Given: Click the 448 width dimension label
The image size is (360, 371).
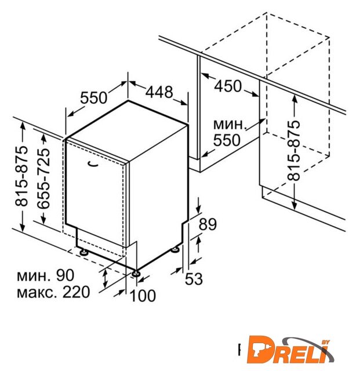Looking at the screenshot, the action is (x=159, y=92).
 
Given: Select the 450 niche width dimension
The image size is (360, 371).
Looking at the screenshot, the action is (x=228, y=86).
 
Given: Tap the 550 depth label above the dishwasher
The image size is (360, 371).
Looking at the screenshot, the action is (x=93, y=98).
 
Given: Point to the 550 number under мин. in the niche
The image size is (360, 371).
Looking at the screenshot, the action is (x=227, y=140).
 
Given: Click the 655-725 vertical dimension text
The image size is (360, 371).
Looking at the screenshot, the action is (x=44, y=179).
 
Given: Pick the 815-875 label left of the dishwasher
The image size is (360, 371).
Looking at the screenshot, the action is (x=21, y=176).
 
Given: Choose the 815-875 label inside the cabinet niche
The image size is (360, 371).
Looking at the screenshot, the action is (x=294, y=151).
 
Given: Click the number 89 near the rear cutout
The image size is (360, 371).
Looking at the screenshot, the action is (x=208, y=224).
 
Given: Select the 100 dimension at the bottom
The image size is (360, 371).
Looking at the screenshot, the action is (x=143, y=296).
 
